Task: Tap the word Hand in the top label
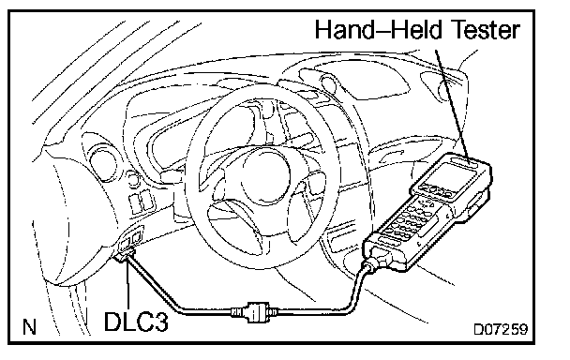pyautogui.click(x=344, y=29)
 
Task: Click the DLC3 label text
pyautogui.click(x=136, y=321)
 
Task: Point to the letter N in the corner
pyautogui.click(x=30, y=327)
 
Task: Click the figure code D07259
pyautogui.click(x=501, y=329)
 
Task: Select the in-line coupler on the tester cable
pyautogui.click(x=254, y=311)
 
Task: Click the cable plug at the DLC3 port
pyautogui.click(x=125, y=253)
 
